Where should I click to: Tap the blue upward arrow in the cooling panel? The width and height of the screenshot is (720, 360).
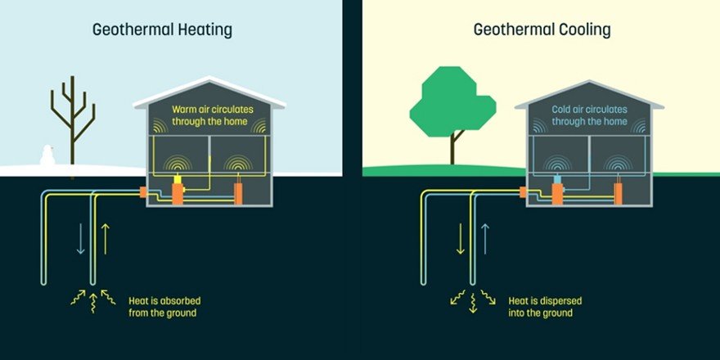pyautogui.click(x=485, y=236)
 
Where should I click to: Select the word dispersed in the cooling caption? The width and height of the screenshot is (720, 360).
pyautogui.click(x=565, y=299)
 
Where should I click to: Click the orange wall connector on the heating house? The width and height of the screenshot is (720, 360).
pyautogui.click(x=142, y=193)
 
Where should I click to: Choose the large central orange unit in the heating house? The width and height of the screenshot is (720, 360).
pyautogui.click(x=178, y=192)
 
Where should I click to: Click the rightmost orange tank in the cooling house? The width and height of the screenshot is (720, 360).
pyautogui.click(x=619, y=194)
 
